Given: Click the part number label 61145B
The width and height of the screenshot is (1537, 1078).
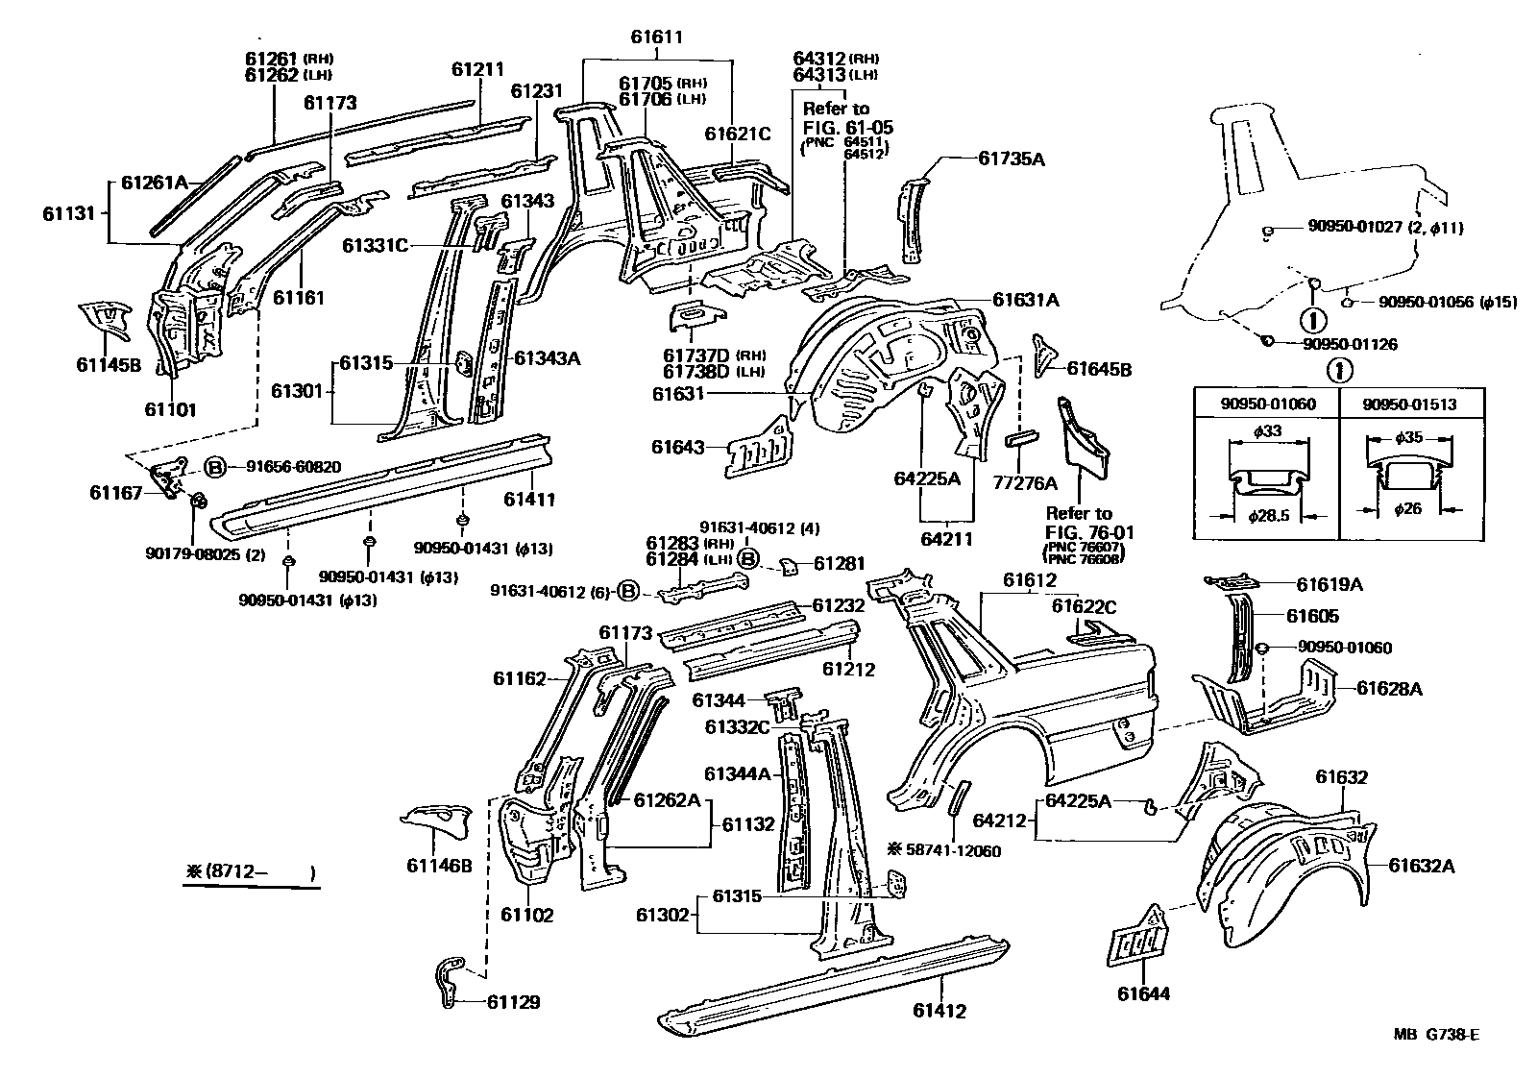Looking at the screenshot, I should [x=109, y=364].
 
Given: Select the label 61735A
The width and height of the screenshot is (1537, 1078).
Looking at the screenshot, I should [x=1011, y=159].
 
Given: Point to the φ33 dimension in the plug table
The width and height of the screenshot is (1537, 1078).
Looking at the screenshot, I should [x=1268, y=431].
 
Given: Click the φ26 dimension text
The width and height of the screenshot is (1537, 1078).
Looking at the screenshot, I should [x=1409, y=509].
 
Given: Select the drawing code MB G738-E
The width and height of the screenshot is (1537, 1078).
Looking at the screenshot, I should [x=1437, y=1034].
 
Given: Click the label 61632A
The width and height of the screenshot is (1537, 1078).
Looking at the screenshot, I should [x=1421, y=866].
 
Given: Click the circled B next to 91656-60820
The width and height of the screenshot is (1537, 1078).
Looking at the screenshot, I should [x=215, y=468].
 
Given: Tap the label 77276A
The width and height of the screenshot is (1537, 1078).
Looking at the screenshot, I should [x=1025, y=483].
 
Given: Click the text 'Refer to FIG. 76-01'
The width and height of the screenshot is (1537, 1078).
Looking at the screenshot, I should [x=1079, y=523].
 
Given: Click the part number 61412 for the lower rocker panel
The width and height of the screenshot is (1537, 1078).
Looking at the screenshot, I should [x=939, y=1010].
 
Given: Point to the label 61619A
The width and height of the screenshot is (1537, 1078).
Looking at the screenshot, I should [x=1330, y=583].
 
